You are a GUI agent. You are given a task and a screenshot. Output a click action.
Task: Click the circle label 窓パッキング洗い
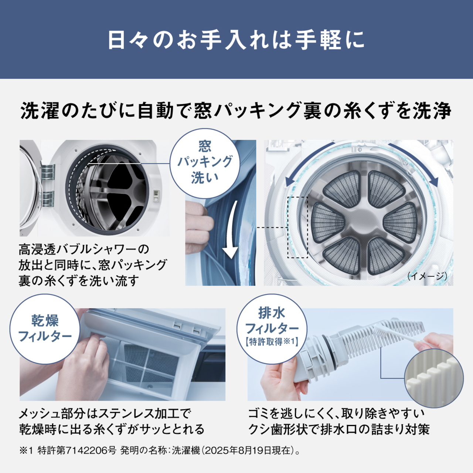coord(205,162)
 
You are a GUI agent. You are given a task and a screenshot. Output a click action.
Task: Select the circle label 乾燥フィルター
coord(45,328)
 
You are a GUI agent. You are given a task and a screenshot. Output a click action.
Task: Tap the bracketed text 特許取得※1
coord(272,341)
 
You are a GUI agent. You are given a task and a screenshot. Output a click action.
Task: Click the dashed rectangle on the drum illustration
coord(297,227)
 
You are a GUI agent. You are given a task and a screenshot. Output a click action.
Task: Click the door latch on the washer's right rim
coord(156,195)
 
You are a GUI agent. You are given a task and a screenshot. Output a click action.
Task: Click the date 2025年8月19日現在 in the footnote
coord(248,450)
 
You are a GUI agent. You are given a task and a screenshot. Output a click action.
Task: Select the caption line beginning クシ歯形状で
coord(339,429)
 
